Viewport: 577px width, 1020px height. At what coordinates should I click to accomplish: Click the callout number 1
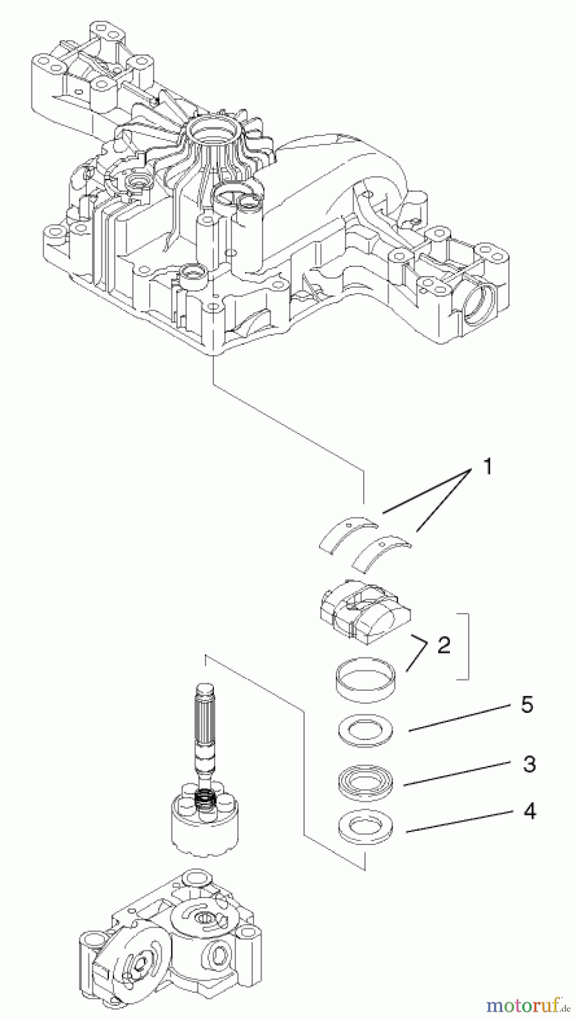coord(486,467)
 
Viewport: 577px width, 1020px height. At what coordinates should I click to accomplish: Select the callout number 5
coord(527,705)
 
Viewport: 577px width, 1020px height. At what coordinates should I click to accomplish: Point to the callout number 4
coord(528,811)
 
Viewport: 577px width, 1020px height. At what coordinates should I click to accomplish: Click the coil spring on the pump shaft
coord(204,800)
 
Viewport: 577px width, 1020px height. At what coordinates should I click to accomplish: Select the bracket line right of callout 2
coord(466,645)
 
